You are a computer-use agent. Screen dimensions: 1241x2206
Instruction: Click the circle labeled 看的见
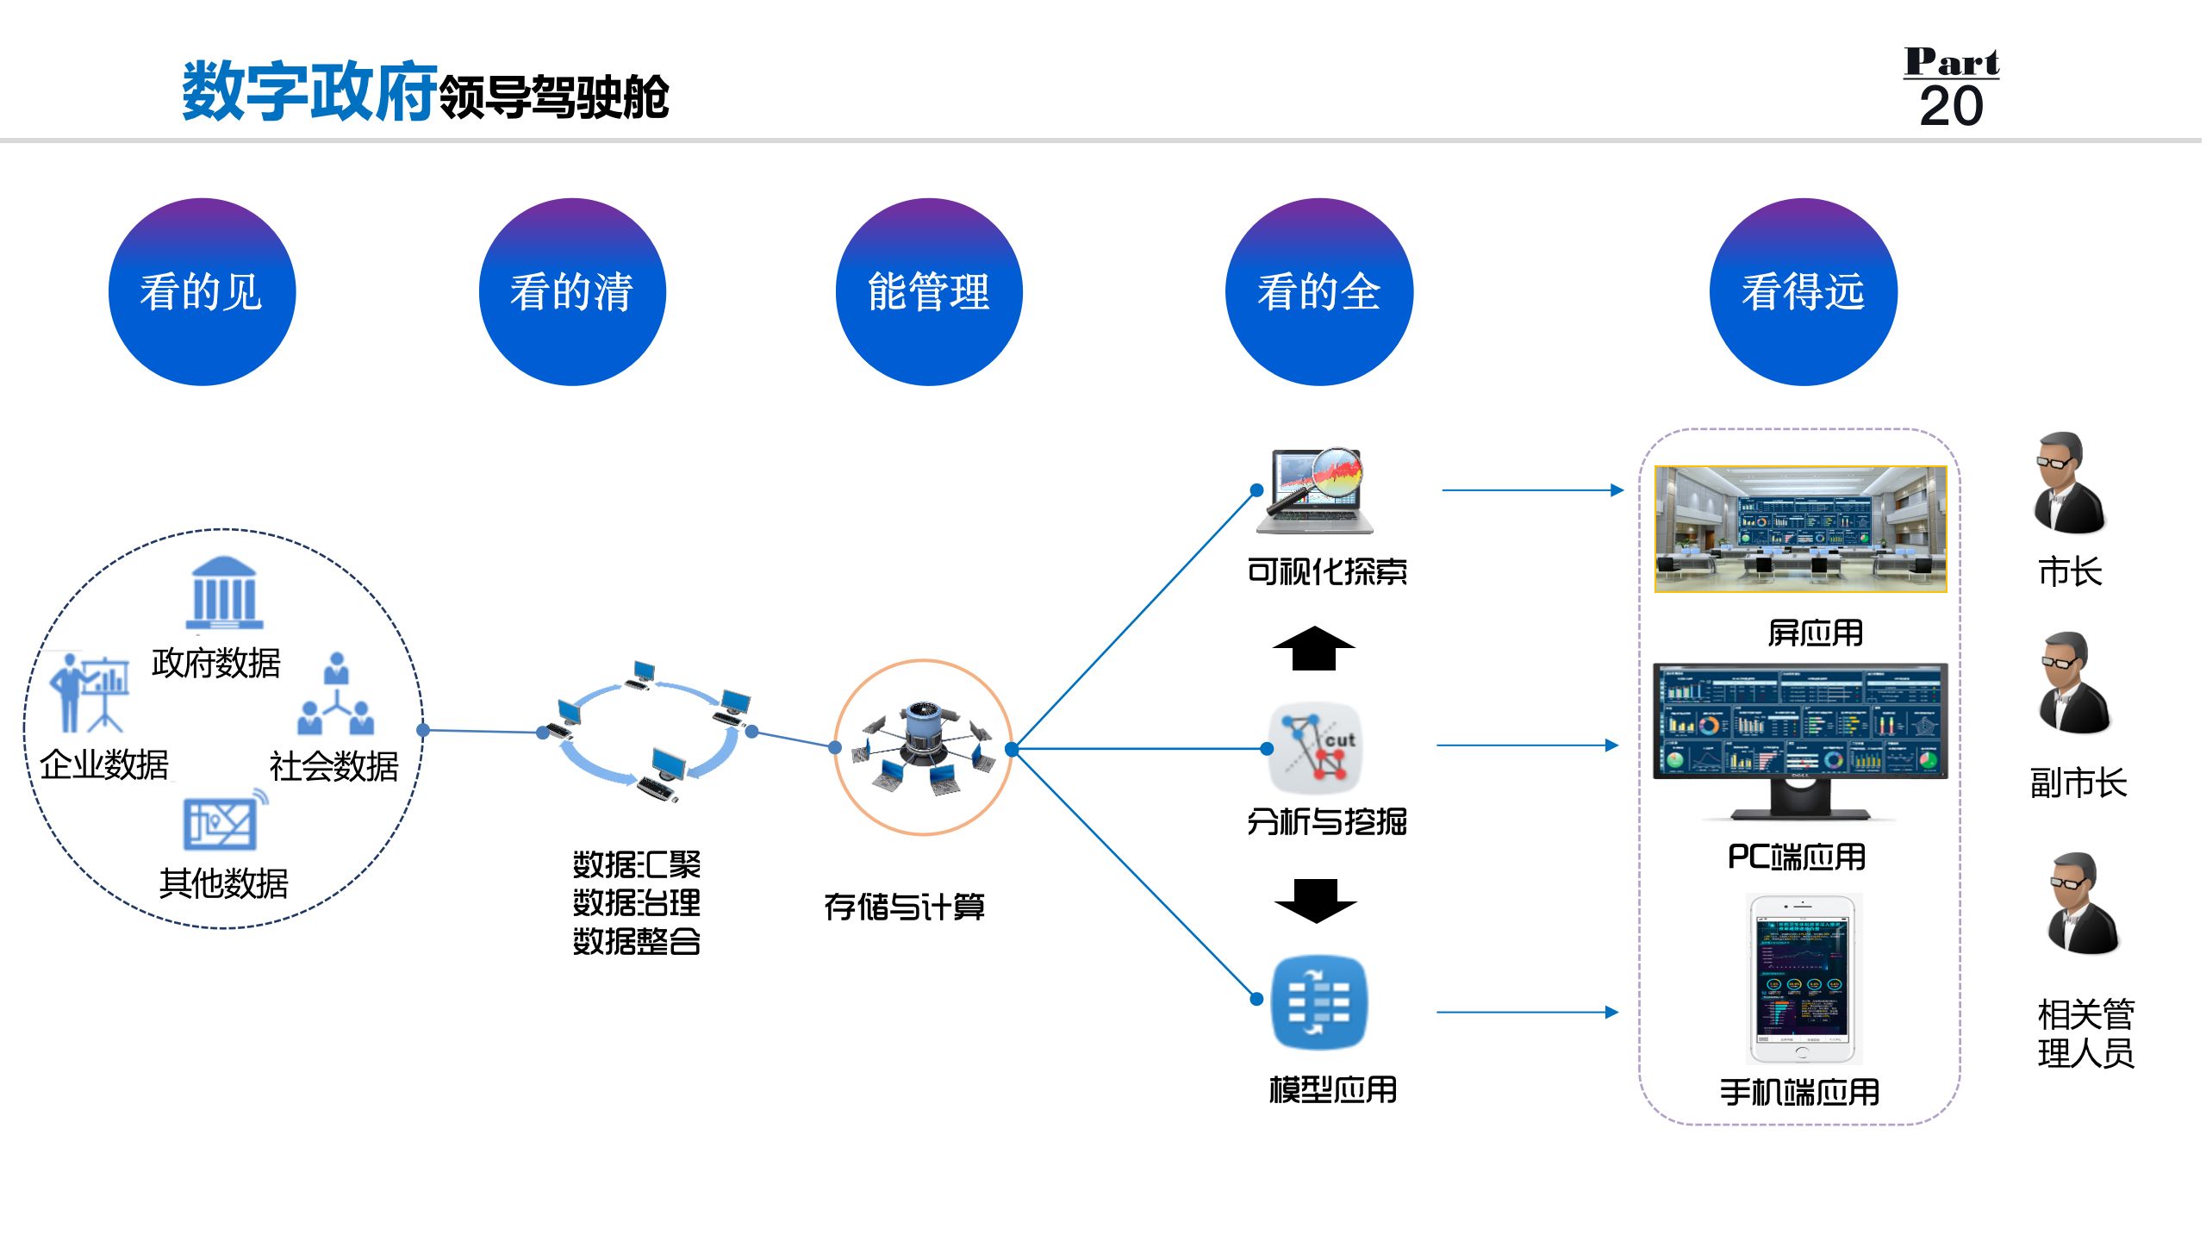coord(202,292)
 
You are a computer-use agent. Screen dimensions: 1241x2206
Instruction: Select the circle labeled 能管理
coord(929,292)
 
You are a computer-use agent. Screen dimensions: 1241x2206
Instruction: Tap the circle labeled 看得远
coord(1803,292)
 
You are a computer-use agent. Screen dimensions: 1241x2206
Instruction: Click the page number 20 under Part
coord(1951,107)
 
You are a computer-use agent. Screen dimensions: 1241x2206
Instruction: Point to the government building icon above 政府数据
coord(224,593)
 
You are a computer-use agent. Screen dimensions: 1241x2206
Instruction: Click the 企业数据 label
coord(104,765)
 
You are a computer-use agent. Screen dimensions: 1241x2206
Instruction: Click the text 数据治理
coord(637,903)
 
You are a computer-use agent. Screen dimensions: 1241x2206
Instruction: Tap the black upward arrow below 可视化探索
coord(1313,648)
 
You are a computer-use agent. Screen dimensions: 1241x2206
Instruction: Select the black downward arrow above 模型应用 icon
coord(1315,901)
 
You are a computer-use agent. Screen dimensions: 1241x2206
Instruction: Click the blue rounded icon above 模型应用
coord(1318,1002)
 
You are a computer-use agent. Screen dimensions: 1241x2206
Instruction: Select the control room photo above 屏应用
coord(1800,529)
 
